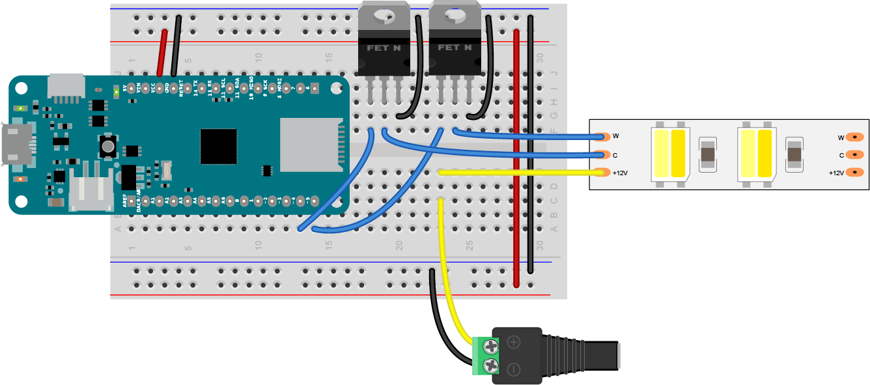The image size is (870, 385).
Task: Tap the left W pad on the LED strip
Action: (602, 137)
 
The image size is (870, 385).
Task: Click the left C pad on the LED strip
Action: (602, 155)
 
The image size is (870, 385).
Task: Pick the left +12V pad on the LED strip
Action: (602, 173)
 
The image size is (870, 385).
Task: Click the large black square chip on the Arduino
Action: (219, 147)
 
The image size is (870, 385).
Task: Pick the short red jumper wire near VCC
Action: (161, 52)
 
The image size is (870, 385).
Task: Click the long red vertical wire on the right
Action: (516, 156)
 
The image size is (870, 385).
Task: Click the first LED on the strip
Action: (671, 154)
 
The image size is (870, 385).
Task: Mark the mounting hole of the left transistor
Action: (384, 12)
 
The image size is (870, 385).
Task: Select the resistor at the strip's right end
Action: (794, 154)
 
